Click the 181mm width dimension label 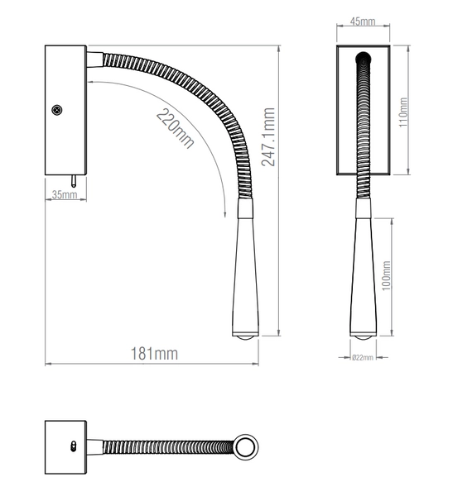tap(156, 354)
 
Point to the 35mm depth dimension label tap(64, 195)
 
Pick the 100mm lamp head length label tap(387, 278)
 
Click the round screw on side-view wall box tap(58, 108)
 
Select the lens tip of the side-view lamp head tap(243, 336)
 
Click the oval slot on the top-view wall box tap(72, 446)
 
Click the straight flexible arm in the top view tap(166, 447)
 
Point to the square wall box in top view tap(65, 446)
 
